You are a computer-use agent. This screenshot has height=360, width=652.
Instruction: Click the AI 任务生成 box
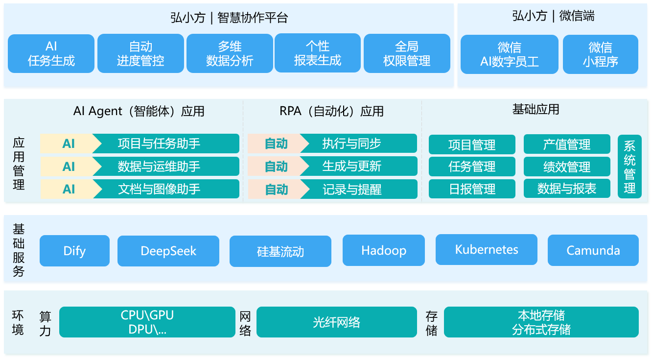[x=51, y=53]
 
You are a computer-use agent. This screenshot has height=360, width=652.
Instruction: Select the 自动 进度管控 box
[x=140, y=53]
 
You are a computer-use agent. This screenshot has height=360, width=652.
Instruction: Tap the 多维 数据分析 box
[x=230, y=53]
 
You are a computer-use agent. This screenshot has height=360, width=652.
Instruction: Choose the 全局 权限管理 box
[x=407, y=53]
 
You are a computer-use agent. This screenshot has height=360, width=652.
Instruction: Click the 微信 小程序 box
[x=601, y=54]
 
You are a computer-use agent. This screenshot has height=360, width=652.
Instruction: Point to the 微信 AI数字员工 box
[x=510, y=54]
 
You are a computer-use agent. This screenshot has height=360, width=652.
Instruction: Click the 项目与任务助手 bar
[x=166, y=144]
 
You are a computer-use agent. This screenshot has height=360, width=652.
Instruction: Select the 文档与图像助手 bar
[x=166, y=189]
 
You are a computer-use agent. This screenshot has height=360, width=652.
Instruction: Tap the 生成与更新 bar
[x=359, y=167]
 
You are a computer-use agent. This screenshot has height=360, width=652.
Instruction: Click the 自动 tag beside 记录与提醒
[x=276, y=190]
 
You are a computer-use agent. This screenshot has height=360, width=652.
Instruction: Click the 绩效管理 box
[x=567, y=167]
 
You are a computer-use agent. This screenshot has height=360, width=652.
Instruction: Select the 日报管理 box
[x=472, y=189]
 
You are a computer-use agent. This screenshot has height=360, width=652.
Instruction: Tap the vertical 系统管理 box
[x=629, y=167]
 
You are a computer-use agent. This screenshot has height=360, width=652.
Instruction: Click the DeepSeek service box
[x=168, y=251]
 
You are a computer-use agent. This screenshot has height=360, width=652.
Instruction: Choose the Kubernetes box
[x=487, y=250]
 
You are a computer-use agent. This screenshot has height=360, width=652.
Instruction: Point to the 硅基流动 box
[x=280, y=251]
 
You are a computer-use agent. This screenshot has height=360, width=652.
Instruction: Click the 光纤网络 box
[x=337, y=322]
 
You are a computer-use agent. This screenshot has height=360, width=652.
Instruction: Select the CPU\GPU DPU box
[x=147, y=322]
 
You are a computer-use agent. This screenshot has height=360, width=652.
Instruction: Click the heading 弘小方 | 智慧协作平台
[x=229, y=18]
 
